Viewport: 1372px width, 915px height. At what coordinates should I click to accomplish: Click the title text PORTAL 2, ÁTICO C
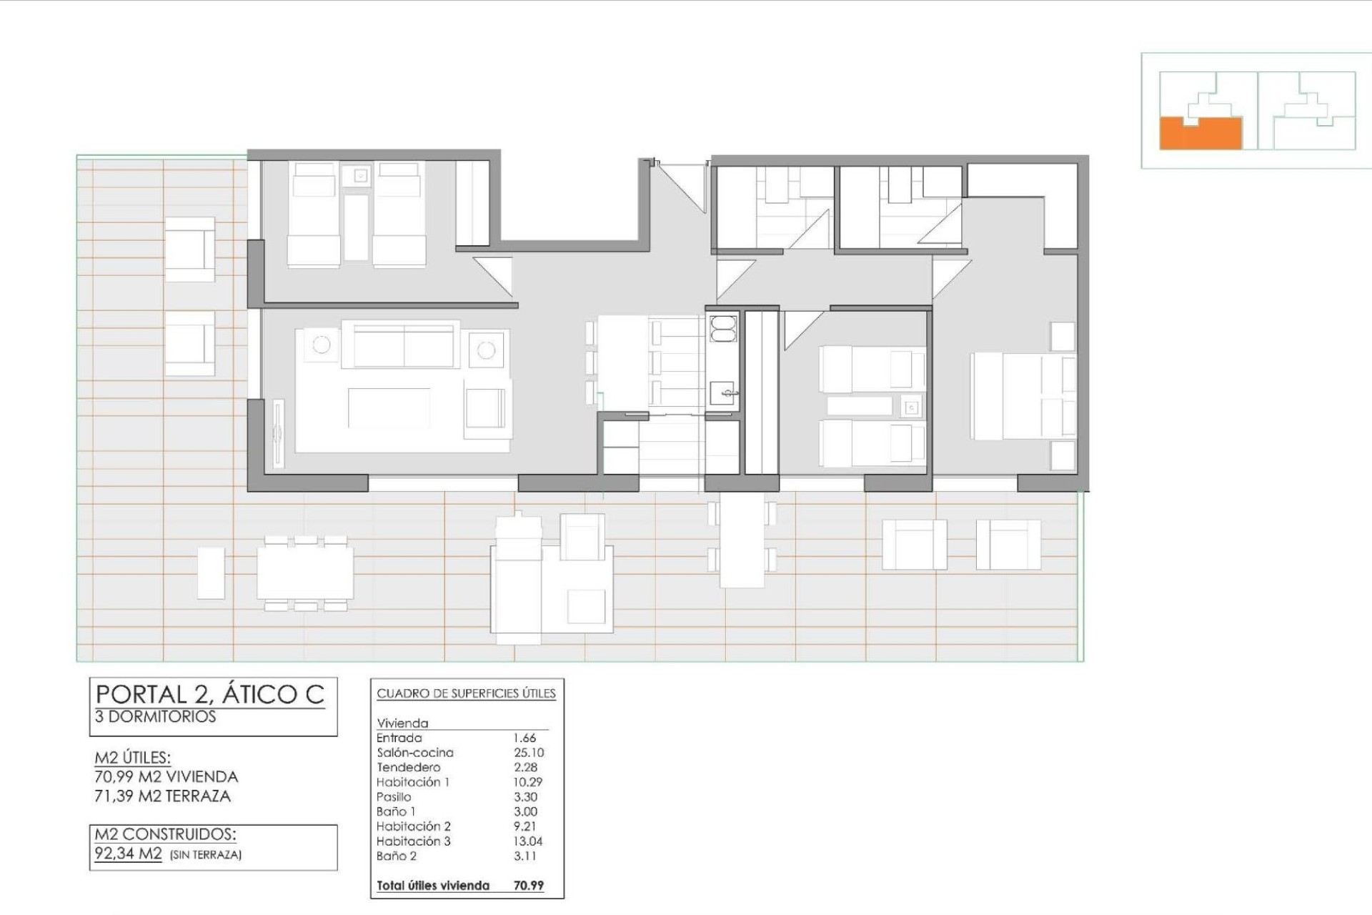pyautogui.click(x=210, y=694)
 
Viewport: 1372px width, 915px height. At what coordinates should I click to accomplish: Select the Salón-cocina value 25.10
pyautogui.click(x=528, y=753)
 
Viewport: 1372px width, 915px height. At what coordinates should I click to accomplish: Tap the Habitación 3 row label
pyautogui.click(x=413, y=841)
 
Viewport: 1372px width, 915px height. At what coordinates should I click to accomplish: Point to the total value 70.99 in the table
pyautogui.click(x=528, y=886)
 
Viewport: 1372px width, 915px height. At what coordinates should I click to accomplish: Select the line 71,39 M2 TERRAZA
pyautogui.click(x=163, y=796)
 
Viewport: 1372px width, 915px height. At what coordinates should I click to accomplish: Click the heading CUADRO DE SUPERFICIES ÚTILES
pyautogui.click(x=466, y=693)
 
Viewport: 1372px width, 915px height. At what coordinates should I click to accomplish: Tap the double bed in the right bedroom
pyautogui.click(x=1023, y=397)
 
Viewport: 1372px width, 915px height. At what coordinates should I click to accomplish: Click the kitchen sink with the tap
pyautogui.click(x=723, y=392)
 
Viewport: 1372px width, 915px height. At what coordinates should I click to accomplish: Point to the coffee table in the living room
pyautogui.click(x=389, y=408)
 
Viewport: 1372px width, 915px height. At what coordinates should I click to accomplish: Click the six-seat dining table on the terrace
pyautogui.click(x=305, y=573)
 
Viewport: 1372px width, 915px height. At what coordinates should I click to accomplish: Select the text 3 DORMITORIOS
pyautogui.click(x=155, y=717)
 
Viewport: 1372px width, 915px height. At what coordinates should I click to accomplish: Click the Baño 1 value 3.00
pyautogui.click(x=525, y=812)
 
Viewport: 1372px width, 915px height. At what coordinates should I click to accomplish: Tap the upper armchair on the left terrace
pyautogui.click(x=189, y=249)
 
